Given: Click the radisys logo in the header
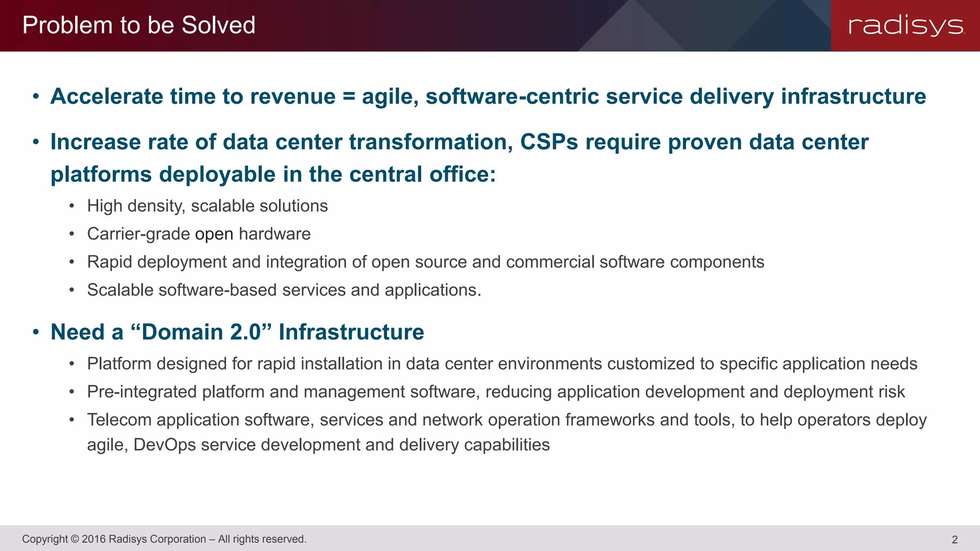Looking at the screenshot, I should tap(906, 25).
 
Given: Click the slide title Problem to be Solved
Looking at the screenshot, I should tap(139, 25).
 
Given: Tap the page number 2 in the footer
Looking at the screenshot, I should tap(954, 540).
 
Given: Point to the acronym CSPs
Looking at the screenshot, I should tap(549, 142).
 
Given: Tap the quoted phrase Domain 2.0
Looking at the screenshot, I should tap(201, 332).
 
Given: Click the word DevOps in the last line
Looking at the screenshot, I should tap(165, 445).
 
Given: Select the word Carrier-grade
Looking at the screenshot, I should tap(138, 234).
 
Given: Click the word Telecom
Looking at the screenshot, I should tap(119, 420).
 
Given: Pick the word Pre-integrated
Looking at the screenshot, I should tap(142, 392).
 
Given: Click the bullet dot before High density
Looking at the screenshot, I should tap(72, 206).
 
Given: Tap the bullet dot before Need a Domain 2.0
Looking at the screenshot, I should tap(36, 332).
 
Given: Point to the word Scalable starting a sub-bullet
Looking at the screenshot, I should tap(120, 290).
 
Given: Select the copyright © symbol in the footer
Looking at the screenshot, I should tap(74, 539).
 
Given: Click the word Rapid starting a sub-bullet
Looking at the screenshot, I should tap(109, 263).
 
